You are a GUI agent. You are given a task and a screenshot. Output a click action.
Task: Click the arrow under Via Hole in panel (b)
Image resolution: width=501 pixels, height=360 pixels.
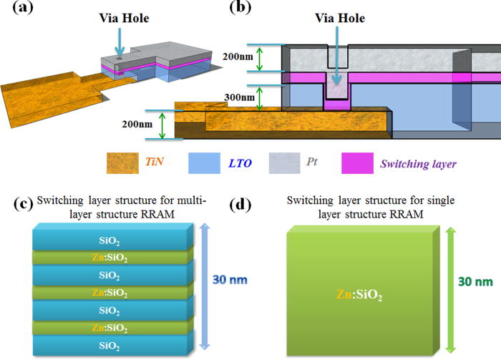(335, 71)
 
